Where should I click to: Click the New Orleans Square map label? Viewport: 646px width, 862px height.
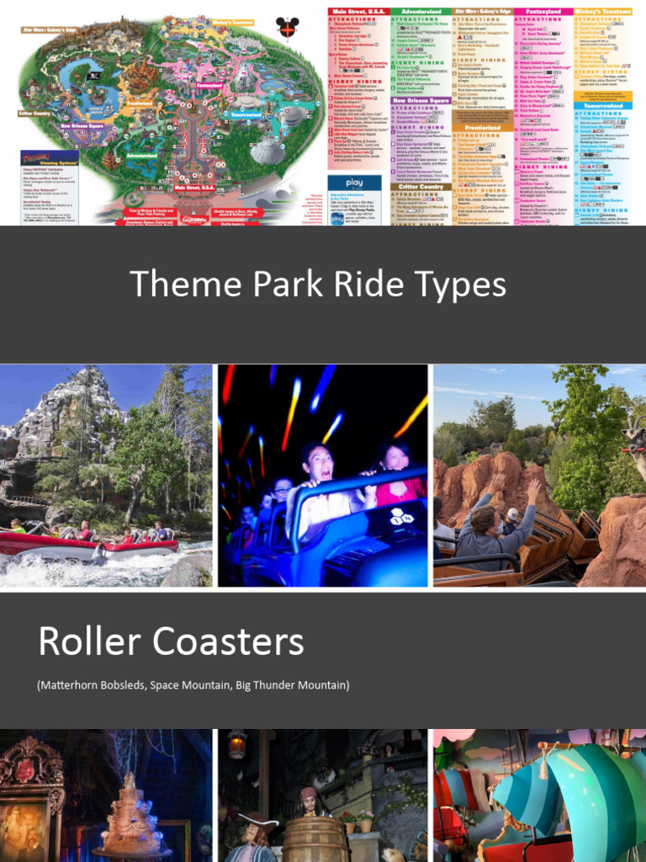[82, 126]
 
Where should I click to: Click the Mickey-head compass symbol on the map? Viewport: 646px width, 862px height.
[288, 28]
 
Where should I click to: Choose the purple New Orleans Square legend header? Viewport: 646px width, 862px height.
[421, 99]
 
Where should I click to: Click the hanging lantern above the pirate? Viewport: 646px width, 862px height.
[239, 743]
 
